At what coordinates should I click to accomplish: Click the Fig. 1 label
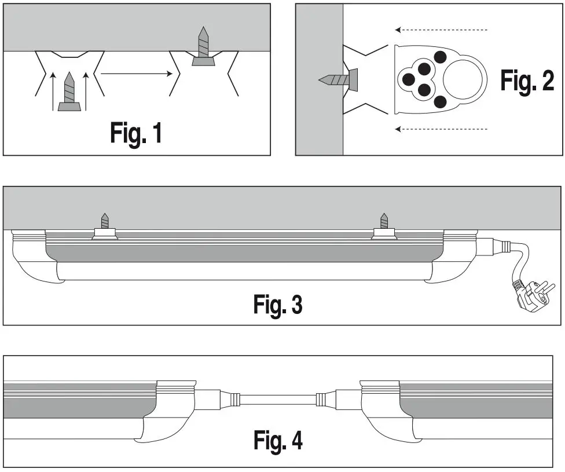(x=136, y=133)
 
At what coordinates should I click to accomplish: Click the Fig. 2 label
(x=527, y=82)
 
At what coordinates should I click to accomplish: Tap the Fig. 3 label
(x=278, y=304)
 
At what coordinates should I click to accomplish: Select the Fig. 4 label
(x=278, y=440)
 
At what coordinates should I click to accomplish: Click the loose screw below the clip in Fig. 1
(x=69, y=93)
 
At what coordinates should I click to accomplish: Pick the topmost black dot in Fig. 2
(x=440, y=57)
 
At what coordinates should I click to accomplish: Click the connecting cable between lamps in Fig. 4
(x=278, y=398)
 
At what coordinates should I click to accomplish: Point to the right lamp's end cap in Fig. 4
(x=379, y=408)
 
